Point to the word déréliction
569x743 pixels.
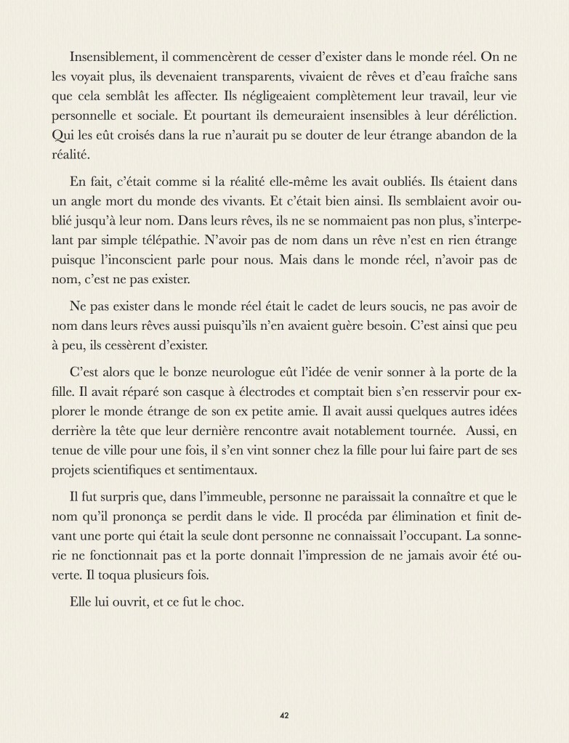coord(479,114)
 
